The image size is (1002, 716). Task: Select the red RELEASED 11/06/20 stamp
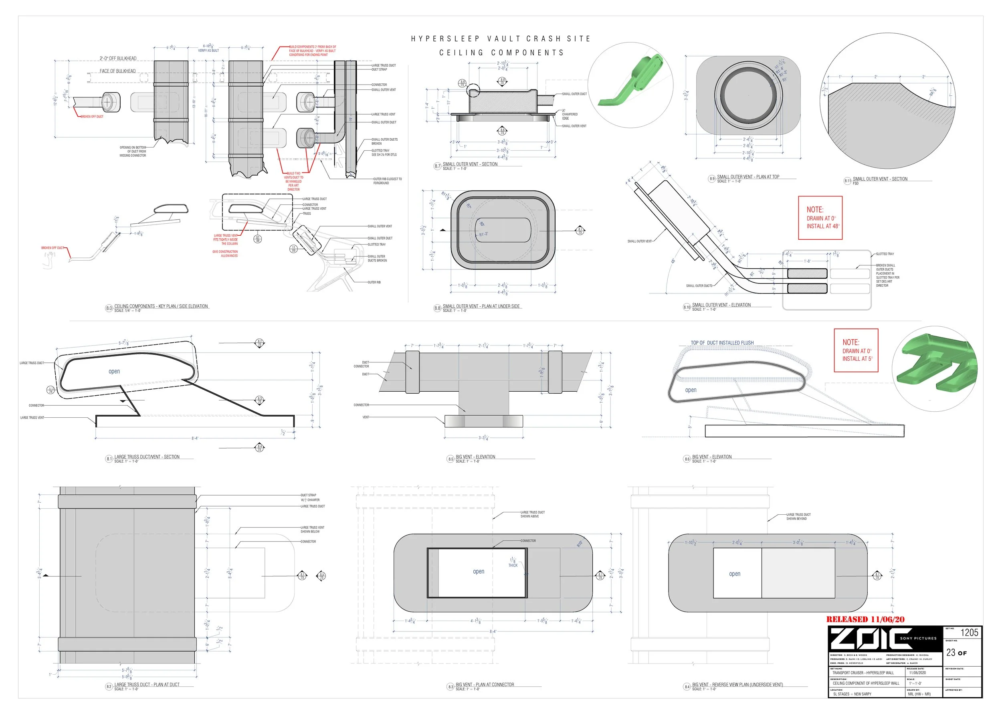click(x=865, y=619)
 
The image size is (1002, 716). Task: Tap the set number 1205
click(x=969, y=633)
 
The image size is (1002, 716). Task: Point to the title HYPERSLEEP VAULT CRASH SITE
click(x=500, y=39)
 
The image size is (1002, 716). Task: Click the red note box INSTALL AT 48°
click(x=820, y=218)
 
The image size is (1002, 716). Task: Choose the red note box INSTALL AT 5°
click(x=856, y=350)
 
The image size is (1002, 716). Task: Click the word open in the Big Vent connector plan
click(x=478, y=571)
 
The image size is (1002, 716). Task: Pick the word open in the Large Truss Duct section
click(x=114, y=371)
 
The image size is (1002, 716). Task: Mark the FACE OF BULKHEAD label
click(x=118, y=71)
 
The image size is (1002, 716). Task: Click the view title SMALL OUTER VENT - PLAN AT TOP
click(x=747, y=177)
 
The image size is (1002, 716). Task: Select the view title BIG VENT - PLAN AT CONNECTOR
click(x=485, y=685)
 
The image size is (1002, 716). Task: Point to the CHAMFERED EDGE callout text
click(x=570, y=116)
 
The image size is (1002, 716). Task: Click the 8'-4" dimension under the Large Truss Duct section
click(x=195, y=438)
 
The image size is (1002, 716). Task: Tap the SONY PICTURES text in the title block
click(x=918, y=638)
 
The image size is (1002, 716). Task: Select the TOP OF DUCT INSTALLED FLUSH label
click(x=722, y=343)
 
